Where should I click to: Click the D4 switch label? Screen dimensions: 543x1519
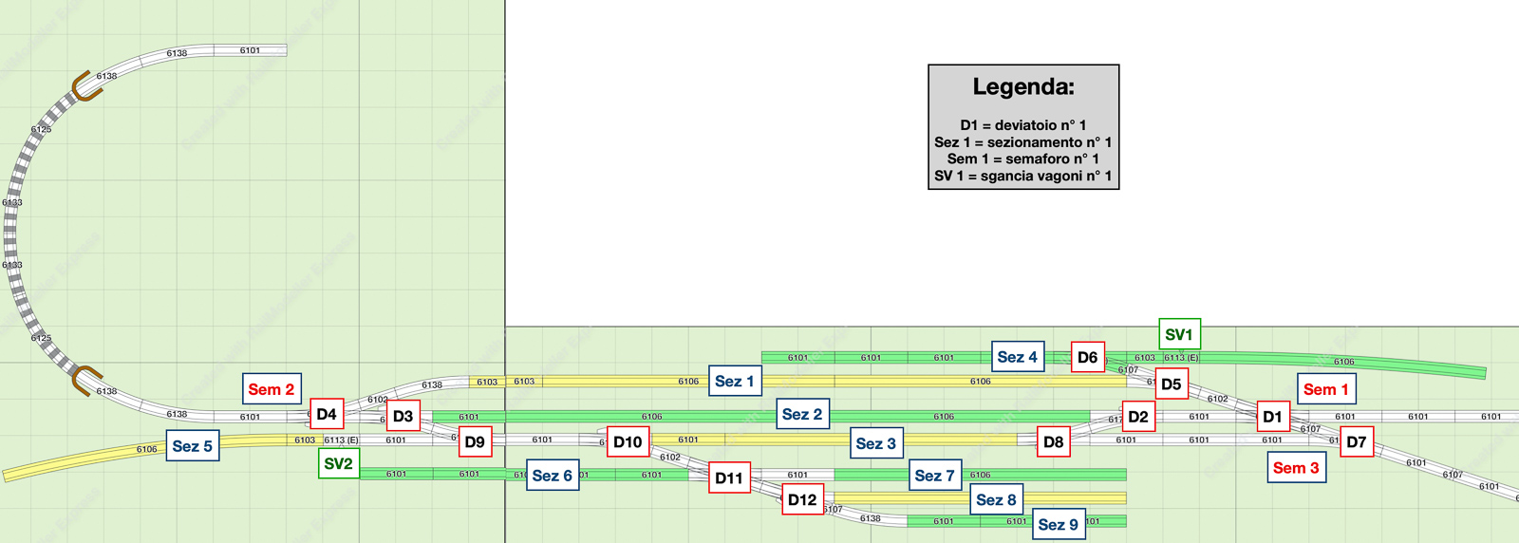pyautogui.click(x=327, y=414)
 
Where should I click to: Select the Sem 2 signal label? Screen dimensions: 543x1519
pyautogui.click(x=272, y=389)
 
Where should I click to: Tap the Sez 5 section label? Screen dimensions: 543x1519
pyautogui.click(x=193, y=446)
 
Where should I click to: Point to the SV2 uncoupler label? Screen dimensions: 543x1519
pyautogui.click(x=339, y=463)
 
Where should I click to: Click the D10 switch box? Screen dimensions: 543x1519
pyautogui.click(x=628, y=441)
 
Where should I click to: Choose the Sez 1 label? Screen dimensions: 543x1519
pyautogui.click(x=735, y=381)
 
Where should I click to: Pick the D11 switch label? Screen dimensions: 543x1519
pyautogui.click(x=729, y=477)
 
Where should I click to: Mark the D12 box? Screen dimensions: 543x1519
pyautogui.click(x=802, y=499)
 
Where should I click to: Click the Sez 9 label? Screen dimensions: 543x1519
pyautogui.click(x=1059, y=524)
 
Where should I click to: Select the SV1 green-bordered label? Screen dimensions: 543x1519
pyautogui.click(x=1179, y=334)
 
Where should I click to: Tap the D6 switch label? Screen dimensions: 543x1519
pyautogui.click(x=1088, y=357)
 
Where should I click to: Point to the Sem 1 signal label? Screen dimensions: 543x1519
pyautogui.click(x=1325, y=389)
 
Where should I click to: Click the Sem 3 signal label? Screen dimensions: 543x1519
pyautogui.click(x=1296, y=467)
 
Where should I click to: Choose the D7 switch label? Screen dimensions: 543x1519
pyautogui.click(x=1357, y=441)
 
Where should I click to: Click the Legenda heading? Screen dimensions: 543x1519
pyautogui.click(x=1023, y=87)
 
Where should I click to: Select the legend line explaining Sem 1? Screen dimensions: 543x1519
pyautogui.click(x=1023, y=159)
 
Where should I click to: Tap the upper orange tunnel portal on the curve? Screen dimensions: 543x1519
pyautogui.click(x=85, y=85)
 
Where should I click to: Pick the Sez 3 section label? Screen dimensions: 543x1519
pyautogui.click(x=875, y=443)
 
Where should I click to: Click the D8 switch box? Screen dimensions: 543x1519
pyautogui.click(x=1054, y=441)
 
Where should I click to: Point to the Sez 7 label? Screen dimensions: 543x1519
pyautogui.click(x=935, y=475)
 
